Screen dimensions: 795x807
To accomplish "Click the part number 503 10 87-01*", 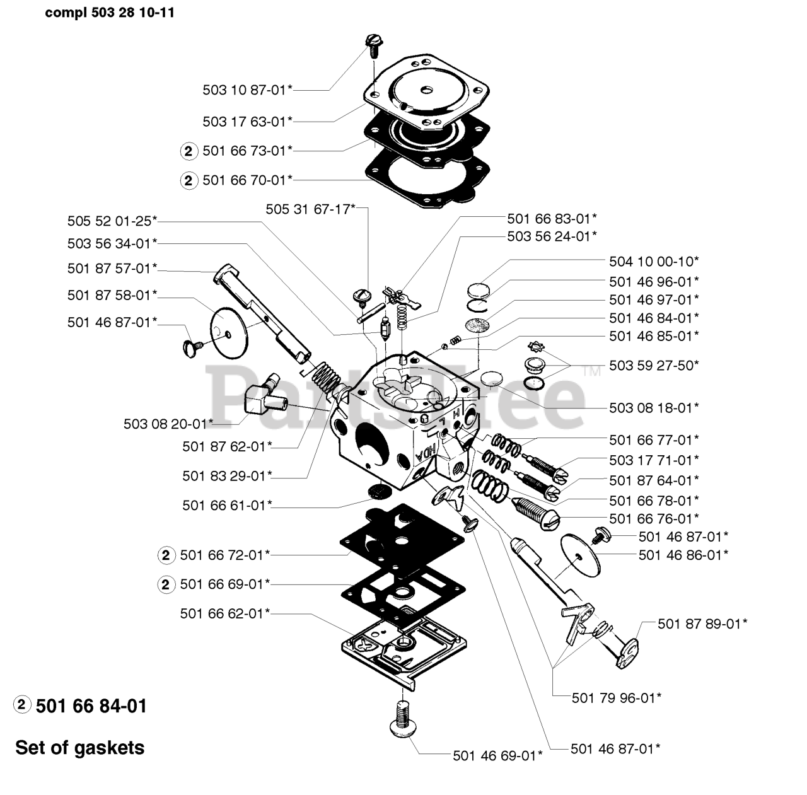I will click(247, 90).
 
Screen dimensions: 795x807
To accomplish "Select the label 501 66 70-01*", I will click(247, 180).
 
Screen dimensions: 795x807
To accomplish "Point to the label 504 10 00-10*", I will click(654, 261).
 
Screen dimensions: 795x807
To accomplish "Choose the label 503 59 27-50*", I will click(654, 365).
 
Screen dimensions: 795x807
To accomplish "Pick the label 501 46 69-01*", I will click(497, 755).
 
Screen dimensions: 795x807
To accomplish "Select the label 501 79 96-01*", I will click(616, 698).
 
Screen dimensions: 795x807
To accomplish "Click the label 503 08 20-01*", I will click(168, 424).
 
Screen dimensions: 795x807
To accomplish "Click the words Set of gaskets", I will click(80, 748).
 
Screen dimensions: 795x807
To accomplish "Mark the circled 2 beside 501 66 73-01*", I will click(189, 151).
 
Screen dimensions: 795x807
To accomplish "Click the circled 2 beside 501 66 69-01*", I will click(165, 585).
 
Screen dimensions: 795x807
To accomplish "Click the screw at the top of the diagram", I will click(371, 44).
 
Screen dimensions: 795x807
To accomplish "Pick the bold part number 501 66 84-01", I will click(91, 706).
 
